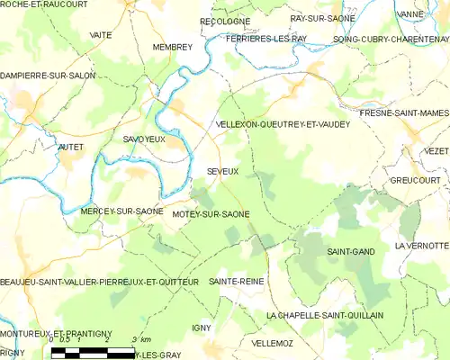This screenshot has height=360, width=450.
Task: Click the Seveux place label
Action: coord(222,170)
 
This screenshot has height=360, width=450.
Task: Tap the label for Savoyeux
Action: coord(143,139)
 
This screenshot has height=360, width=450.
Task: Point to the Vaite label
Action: coord(101,34)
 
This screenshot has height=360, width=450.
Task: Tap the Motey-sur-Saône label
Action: coord(211,213)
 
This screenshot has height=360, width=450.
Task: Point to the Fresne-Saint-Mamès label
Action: coord(403,112)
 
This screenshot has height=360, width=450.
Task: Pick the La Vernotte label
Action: coord(421,246)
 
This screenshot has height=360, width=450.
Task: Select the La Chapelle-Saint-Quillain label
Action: coord(325,315)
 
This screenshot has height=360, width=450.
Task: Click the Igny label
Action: coord(201,328)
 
